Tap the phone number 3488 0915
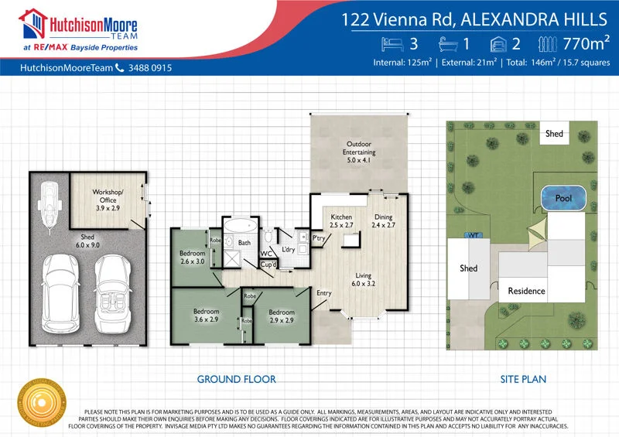point(149,68)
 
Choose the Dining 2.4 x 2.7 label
point(384,222)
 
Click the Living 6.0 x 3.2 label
point(364,280)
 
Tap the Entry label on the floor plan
point(324,292)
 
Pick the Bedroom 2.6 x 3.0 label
point(192,258)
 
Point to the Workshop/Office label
point(108,196)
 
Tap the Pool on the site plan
point(563,198)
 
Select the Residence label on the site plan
point(526,291)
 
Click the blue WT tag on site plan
point(470,234)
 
